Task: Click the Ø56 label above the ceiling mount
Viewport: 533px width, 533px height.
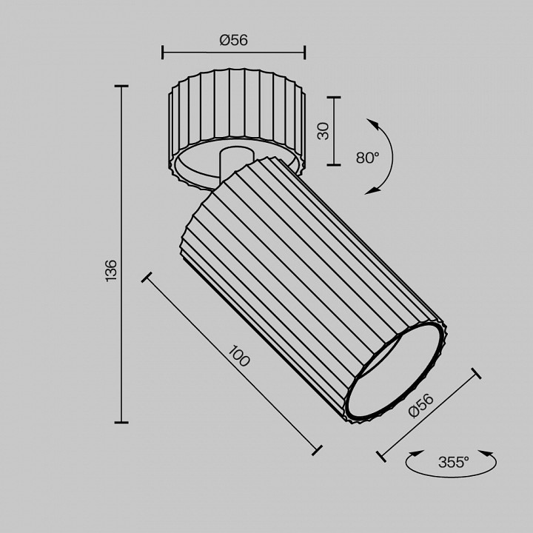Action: [x=233, y=40]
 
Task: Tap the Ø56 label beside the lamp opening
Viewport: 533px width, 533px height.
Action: [x=420, y=405]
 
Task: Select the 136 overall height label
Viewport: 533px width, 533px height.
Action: [x=111, y=271]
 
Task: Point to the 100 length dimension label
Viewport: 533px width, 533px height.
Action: [x=239, y=355]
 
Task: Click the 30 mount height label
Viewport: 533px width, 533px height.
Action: [x=324, y=131]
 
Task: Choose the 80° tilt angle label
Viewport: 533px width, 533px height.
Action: [x=368, y=158]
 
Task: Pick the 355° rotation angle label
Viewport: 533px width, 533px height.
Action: [x=454, y=462]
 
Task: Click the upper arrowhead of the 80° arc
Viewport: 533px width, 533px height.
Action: [x=373, y=124]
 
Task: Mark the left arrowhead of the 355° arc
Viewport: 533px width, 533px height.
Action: [x=416, y=453]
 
